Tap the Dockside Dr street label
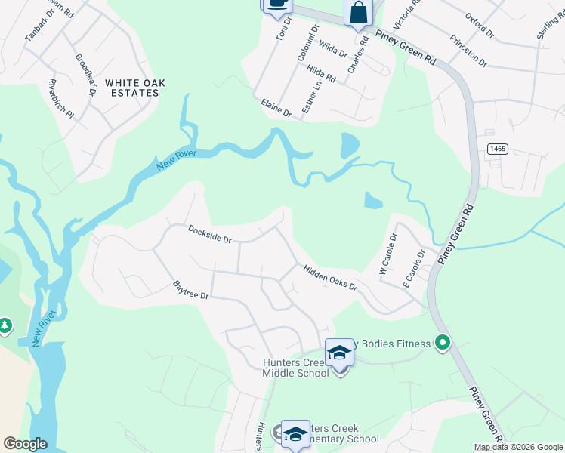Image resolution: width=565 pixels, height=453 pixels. (209, 234)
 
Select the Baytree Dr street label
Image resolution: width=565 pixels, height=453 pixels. (190, 291)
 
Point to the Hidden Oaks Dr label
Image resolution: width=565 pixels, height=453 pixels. (330, 278)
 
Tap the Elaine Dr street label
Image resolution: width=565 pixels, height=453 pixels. (276, 108)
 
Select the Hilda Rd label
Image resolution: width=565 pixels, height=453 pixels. (322, 73)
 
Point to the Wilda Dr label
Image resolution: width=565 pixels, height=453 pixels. (332, 50)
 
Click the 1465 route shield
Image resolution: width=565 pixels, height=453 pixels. (497, 149)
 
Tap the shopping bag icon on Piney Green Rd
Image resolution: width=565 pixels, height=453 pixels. (359, 13)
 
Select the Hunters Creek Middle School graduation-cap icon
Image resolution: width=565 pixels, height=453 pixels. (339, 353)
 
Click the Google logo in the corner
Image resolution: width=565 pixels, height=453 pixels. (26, 444)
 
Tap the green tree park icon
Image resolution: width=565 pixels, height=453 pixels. (5, 325)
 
